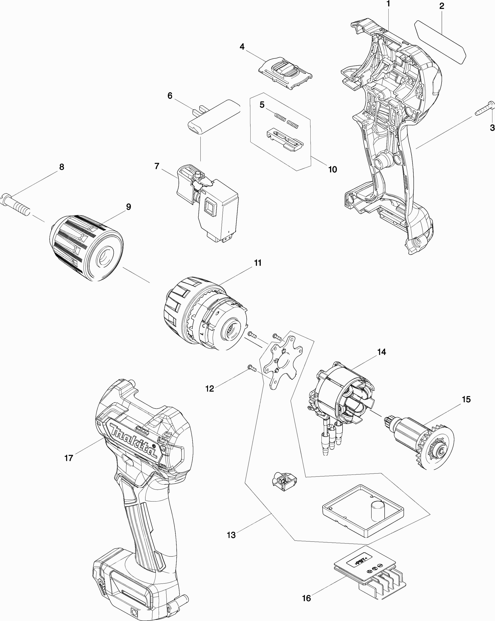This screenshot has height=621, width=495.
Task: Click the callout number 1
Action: pyautogui.click(x=388, y=4)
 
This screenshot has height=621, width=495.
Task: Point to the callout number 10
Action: pyautogui.click(x=333, y=170)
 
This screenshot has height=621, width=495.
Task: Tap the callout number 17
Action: pyautogui.click(x=69, y=458)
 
